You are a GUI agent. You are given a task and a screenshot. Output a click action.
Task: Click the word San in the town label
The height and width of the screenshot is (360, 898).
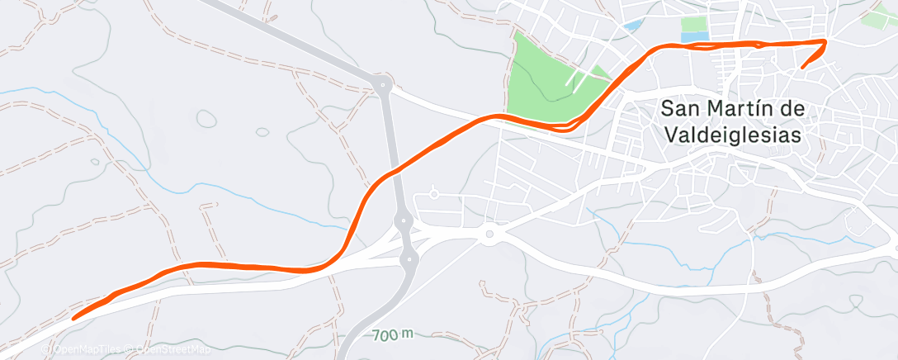[682, 108]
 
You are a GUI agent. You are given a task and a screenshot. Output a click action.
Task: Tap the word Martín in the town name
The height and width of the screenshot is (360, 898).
[739, 108]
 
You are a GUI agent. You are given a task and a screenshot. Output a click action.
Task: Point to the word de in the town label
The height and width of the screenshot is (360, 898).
[790, 108]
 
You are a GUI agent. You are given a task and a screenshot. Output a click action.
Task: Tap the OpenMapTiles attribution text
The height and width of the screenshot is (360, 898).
[83, 349]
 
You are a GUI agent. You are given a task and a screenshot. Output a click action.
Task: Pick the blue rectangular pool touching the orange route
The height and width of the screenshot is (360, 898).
[694, 37]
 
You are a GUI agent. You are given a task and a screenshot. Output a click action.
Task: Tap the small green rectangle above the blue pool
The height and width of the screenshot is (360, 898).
[694, 24]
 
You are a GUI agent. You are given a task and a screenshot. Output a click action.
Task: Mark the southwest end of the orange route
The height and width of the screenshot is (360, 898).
[75, 316]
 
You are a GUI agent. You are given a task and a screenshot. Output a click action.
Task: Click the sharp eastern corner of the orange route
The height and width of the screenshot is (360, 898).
[825, 40]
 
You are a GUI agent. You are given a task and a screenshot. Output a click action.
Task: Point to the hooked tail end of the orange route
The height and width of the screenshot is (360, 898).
[801, 67]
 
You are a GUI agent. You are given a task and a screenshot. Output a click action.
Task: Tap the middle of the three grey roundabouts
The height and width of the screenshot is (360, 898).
[404, 220]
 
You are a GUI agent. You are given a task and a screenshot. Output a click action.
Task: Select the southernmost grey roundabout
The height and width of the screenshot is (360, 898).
[409, 260]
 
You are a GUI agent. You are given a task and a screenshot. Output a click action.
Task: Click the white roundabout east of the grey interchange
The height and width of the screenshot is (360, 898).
[489, 235]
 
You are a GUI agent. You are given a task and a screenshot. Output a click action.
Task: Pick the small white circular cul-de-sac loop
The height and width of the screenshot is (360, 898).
[434, 196]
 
